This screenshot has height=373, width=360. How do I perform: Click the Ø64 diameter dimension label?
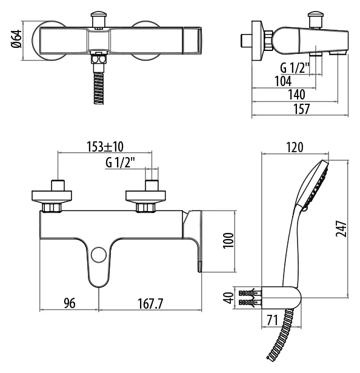click(16, 39)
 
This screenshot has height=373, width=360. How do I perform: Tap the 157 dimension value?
click(302, 109)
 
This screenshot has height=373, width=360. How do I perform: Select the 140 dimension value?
click(296, 95)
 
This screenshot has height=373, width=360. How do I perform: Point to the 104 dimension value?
click(283, 81)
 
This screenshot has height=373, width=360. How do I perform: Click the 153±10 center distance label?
click(105, 147)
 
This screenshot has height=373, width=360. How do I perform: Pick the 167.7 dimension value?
click(150, 303)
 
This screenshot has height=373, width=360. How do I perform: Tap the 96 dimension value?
click(70, 303)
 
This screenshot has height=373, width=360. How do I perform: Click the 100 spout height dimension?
click(228, 240)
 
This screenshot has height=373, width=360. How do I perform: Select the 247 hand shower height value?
click(341, 229)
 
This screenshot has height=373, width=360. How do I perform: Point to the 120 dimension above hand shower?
click(295, 147)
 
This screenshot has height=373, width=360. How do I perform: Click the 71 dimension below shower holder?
click(272, 320)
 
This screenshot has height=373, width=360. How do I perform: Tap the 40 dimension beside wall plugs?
click(229, 298)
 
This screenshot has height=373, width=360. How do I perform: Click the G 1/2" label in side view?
click(295, 68)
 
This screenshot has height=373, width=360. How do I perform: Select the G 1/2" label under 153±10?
click(121, 163)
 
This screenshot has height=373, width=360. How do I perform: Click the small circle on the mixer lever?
click(99, 255)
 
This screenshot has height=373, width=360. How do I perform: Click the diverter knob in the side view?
click(316, 19)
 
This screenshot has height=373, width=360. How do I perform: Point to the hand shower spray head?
click(313, 185)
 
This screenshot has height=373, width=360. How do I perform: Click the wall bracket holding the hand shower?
click(281, 298)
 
